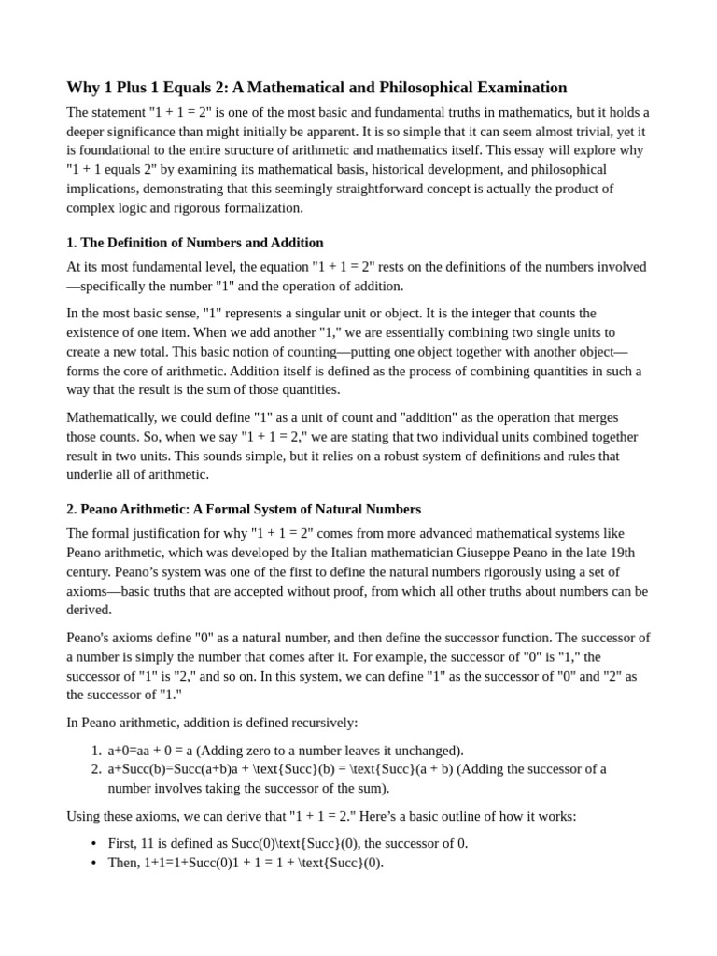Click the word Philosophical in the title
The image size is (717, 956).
[386, 88]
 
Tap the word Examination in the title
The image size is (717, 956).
[516, 88]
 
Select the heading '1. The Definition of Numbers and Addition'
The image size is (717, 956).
[194, 243]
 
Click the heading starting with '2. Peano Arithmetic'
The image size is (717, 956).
[244, 509]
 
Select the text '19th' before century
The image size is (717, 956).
[635, 553]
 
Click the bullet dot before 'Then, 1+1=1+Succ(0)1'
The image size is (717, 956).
[93, 863]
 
